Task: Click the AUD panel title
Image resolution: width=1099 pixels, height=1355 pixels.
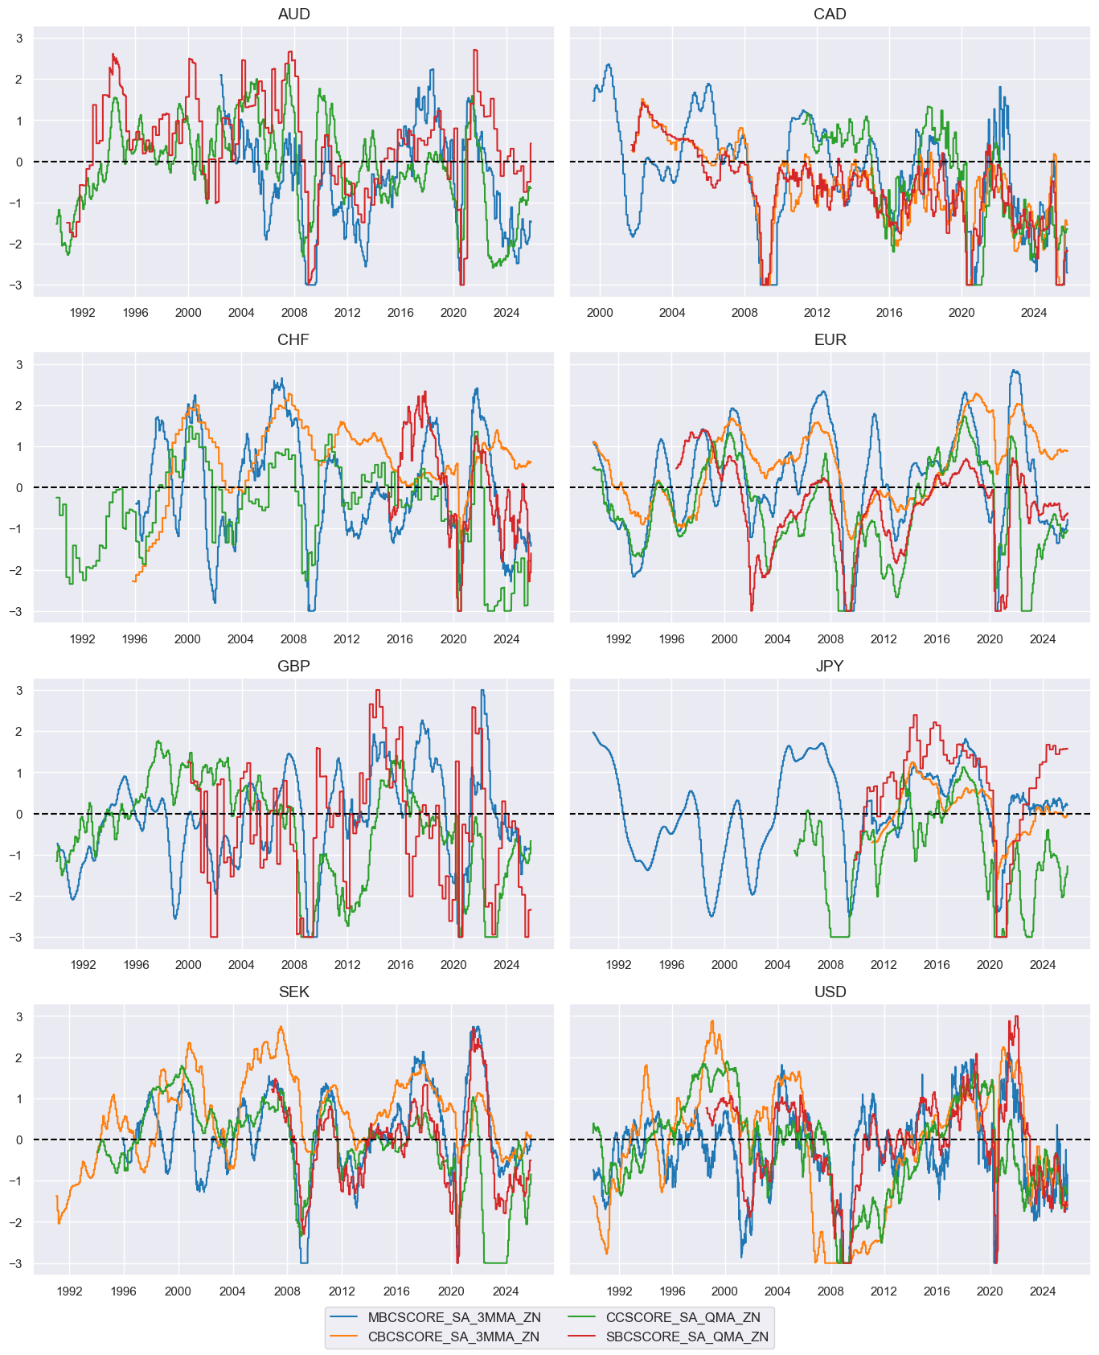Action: click(293, 14)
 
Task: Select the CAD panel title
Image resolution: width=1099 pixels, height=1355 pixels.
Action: click(830, 14)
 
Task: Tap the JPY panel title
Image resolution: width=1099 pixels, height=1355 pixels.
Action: click(830, 666)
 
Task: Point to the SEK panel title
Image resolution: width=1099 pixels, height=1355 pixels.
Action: click(293, 992)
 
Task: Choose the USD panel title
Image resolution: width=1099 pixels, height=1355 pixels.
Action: click(830, 992)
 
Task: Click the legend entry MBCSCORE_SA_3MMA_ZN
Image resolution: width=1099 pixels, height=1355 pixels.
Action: click(454, 1317)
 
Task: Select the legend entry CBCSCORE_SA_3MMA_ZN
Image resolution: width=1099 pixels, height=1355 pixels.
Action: click(453, 1337)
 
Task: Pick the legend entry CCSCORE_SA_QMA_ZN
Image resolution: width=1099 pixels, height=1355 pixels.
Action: click(683, 1317)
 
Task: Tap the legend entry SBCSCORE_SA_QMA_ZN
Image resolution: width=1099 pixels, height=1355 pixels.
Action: click(687, 1337)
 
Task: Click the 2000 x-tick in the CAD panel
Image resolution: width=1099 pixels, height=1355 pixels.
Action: click(600, 313)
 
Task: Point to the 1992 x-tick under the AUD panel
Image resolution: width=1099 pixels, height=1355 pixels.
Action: click(83, 313)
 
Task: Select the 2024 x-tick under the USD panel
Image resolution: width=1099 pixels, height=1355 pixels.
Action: click(1043, 1291)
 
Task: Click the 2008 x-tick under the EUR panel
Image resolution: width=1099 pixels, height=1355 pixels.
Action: click(830, 639)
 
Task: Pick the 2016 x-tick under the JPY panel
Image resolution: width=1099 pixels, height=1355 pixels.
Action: click(937, 965)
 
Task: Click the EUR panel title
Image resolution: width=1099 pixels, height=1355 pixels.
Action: click(830, 339)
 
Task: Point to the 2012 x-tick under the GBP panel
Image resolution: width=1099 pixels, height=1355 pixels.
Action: click(347, 965)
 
